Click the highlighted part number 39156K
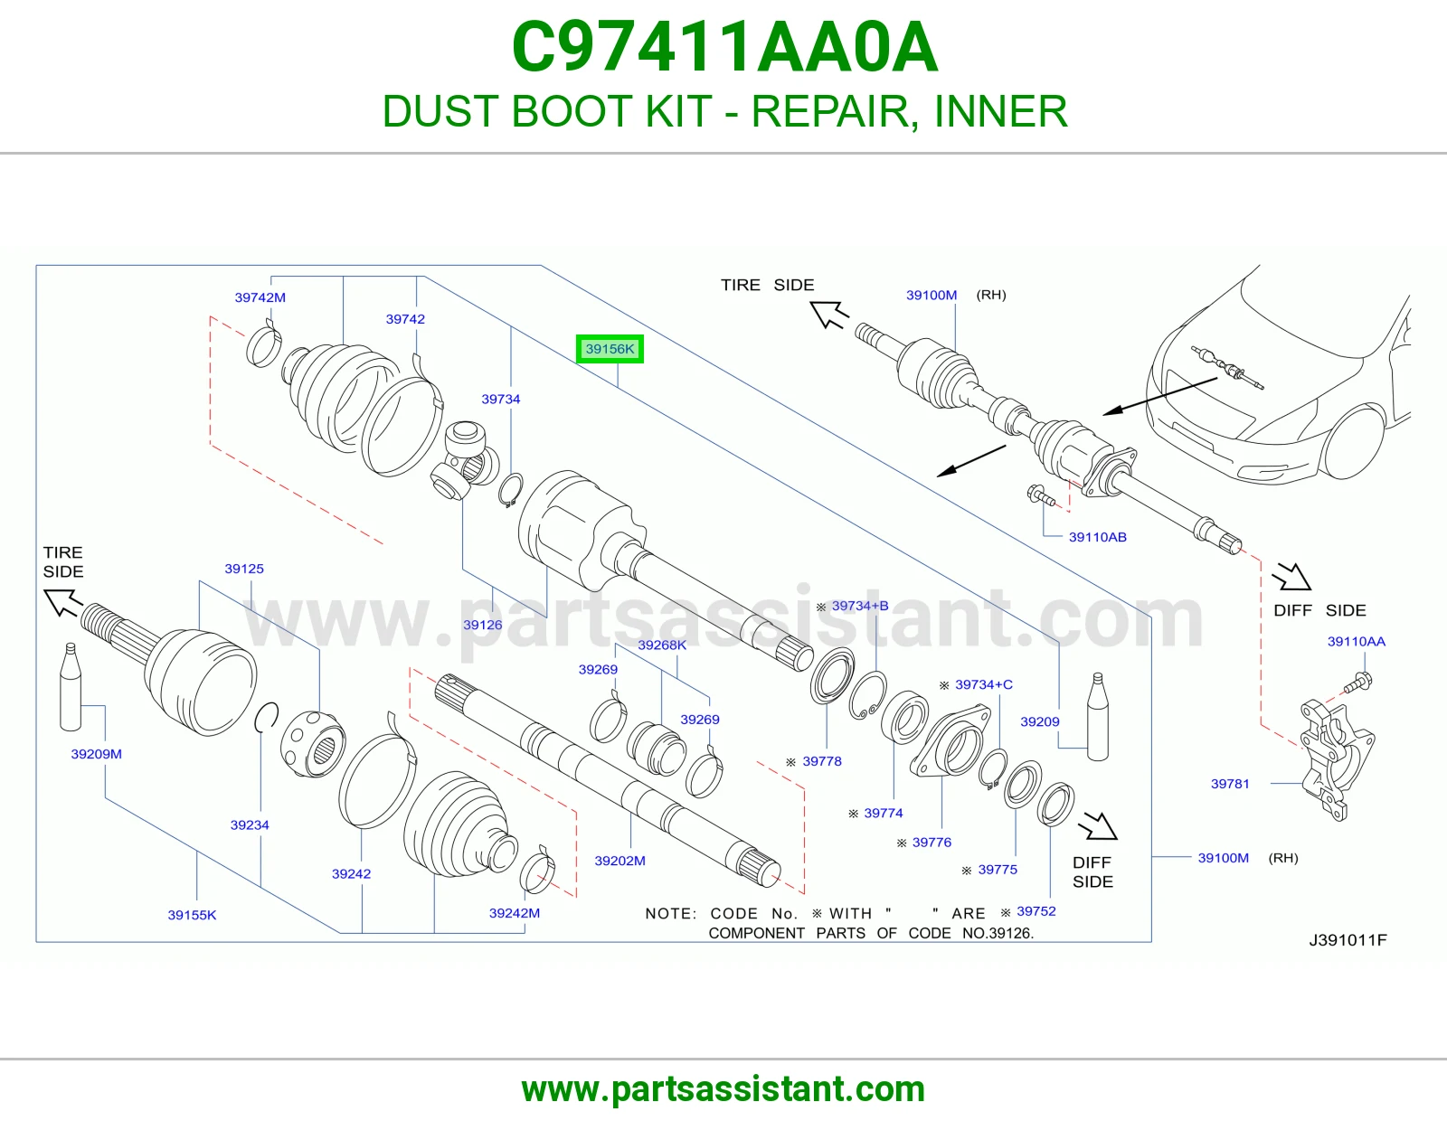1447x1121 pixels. (610, 349)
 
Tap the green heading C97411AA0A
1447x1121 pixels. (724, 48)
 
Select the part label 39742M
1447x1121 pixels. (260, 297)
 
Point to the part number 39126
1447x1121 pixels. (483, 625)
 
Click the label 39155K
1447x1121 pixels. (192, 915)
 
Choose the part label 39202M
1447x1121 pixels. (620, 861)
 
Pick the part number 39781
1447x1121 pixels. (1230, 784)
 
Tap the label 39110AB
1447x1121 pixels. (1097, 537)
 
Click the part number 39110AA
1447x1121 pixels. (1357, 642)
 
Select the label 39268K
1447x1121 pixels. (662, 645)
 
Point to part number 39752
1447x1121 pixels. (1036, 911)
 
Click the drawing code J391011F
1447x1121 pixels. (1348, 940)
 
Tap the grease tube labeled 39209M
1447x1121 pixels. (71, 687)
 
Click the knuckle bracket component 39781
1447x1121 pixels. (1337, 759)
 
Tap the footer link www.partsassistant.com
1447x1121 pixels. (723, 1089)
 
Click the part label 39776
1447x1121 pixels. (932, 842)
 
